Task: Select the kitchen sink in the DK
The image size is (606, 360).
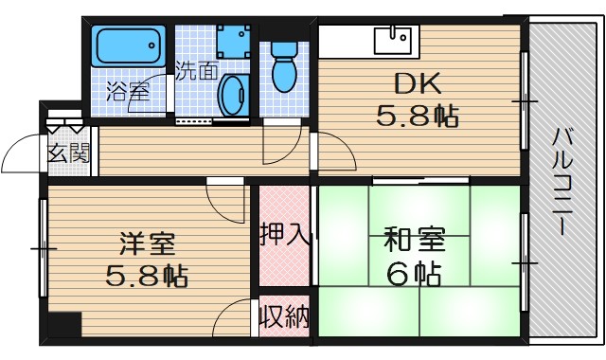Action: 392,41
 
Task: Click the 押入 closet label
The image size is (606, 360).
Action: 284,234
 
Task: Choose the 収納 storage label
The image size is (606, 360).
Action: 284,315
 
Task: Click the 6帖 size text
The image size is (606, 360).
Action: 414,275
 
